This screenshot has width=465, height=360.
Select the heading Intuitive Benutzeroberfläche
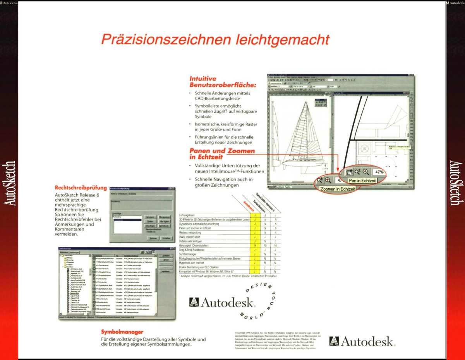click(x=223, y=81)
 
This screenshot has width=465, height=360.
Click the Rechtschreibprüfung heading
click(x=81, y=188)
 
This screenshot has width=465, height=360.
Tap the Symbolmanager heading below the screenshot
click(x=122, y=332)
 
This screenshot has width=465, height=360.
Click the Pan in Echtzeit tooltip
click(x=362, y=180)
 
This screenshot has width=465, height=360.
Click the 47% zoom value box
click(x=379, y=171)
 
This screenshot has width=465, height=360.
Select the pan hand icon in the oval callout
click(x=349, y=172)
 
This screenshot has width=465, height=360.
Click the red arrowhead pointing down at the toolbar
click(x=338, y=169)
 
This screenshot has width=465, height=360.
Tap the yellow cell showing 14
click(x=255, y=246)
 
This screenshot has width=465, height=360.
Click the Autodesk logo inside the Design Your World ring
click(x=221, y=302)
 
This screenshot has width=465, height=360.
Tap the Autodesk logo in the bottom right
click(x=362, y=341)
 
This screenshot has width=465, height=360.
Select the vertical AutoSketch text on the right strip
click(x=456, y=183)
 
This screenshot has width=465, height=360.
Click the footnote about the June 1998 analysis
click(x=229, y=276)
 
